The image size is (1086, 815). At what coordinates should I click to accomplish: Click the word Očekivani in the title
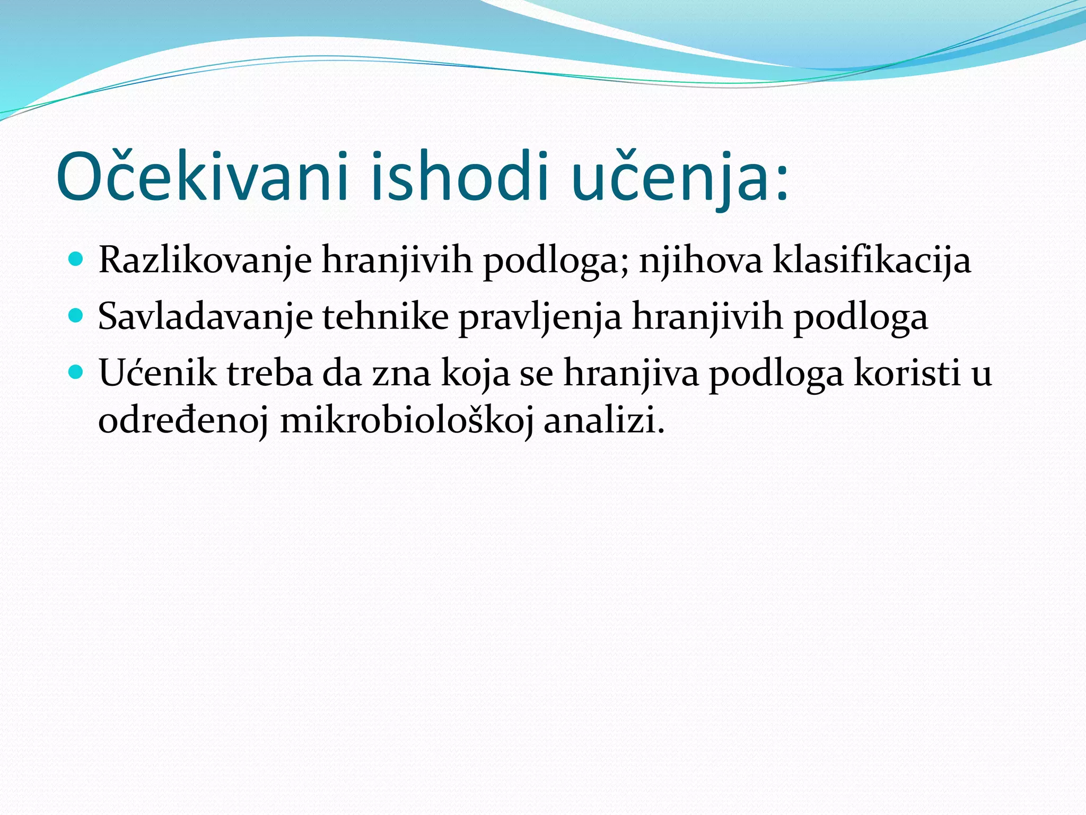202,178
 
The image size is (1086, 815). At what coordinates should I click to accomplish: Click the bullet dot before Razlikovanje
76,259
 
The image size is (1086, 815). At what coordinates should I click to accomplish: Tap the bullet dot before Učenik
76,372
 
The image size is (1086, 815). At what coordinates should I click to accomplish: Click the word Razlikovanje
205,261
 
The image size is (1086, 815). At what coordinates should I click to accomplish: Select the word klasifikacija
872,261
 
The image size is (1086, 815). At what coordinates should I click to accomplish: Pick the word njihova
700,261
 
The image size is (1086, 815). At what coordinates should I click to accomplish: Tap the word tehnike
385,317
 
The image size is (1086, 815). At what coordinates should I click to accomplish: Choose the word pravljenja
539,317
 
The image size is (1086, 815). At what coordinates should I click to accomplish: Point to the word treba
270,373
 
